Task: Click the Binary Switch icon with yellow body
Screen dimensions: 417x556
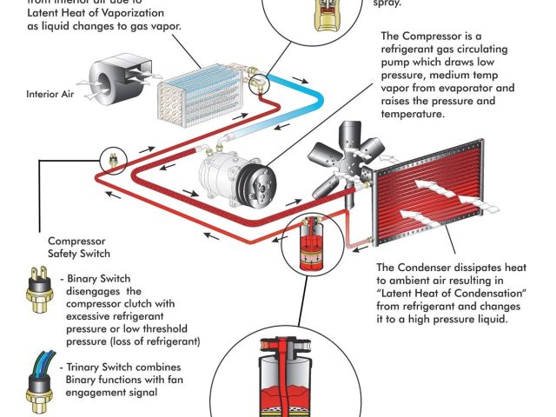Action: [x=37, y=295]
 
